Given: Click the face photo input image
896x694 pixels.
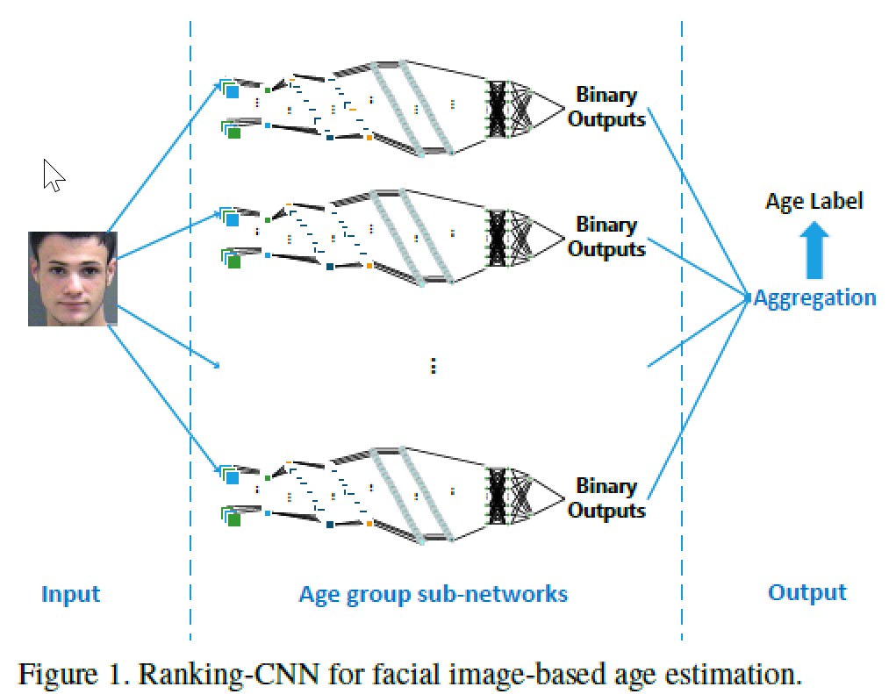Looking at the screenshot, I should coord(72,278).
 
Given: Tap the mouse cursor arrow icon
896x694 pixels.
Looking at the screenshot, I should coord(53,175).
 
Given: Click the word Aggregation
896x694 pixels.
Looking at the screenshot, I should coord(815,297).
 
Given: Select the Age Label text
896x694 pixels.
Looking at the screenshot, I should coord(814,201).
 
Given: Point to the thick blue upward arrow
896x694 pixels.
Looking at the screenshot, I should coord(815,249).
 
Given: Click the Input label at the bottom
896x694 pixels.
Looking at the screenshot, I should coord(70,594).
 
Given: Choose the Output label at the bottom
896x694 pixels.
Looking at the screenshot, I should coord(806,592).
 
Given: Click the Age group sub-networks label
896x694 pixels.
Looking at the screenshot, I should coord(433,594).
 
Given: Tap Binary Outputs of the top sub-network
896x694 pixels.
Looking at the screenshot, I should coord(606,107).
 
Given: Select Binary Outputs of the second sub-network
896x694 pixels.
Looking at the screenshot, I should coord(606,237).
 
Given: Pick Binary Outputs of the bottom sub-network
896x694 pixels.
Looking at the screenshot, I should coord(606,498).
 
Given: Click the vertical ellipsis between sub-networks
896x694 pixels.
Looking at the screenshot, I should coord(433,366).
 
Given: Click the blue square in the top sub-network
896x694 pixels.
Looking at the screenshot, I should coord(233,91).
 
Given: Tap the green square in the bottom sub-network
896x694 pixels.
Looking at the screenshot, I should coord(233,520).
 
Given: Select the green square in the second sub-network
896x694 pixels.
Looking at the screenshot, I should coord(233,261).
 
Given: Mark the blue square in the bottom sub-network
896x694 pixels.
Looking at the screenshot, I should coord(233,479).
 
